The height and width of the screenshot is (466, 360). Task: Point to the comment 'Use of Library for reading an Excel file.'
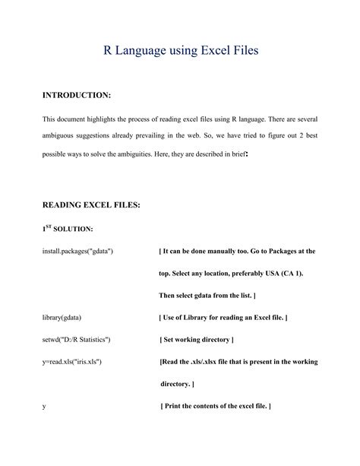pyautogui.click(x=223, y=317)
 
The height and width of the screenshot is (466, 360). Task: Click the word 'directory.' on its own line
pyautogui.click(x=176, y=384)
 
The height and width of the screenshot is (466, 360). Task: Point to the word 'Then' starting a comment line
pyautogui.click(x=167, y=295)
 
